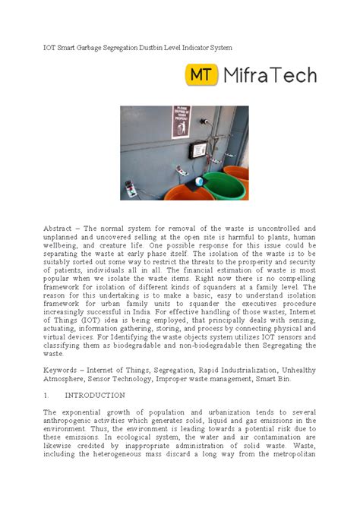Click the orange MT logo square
(202, 75)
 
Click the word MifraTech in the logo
(269, 75)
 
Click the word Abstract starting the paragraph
(60, 228)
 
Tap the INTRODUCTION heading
(95, 396)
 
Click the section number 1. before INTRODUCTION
(47, 396)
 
